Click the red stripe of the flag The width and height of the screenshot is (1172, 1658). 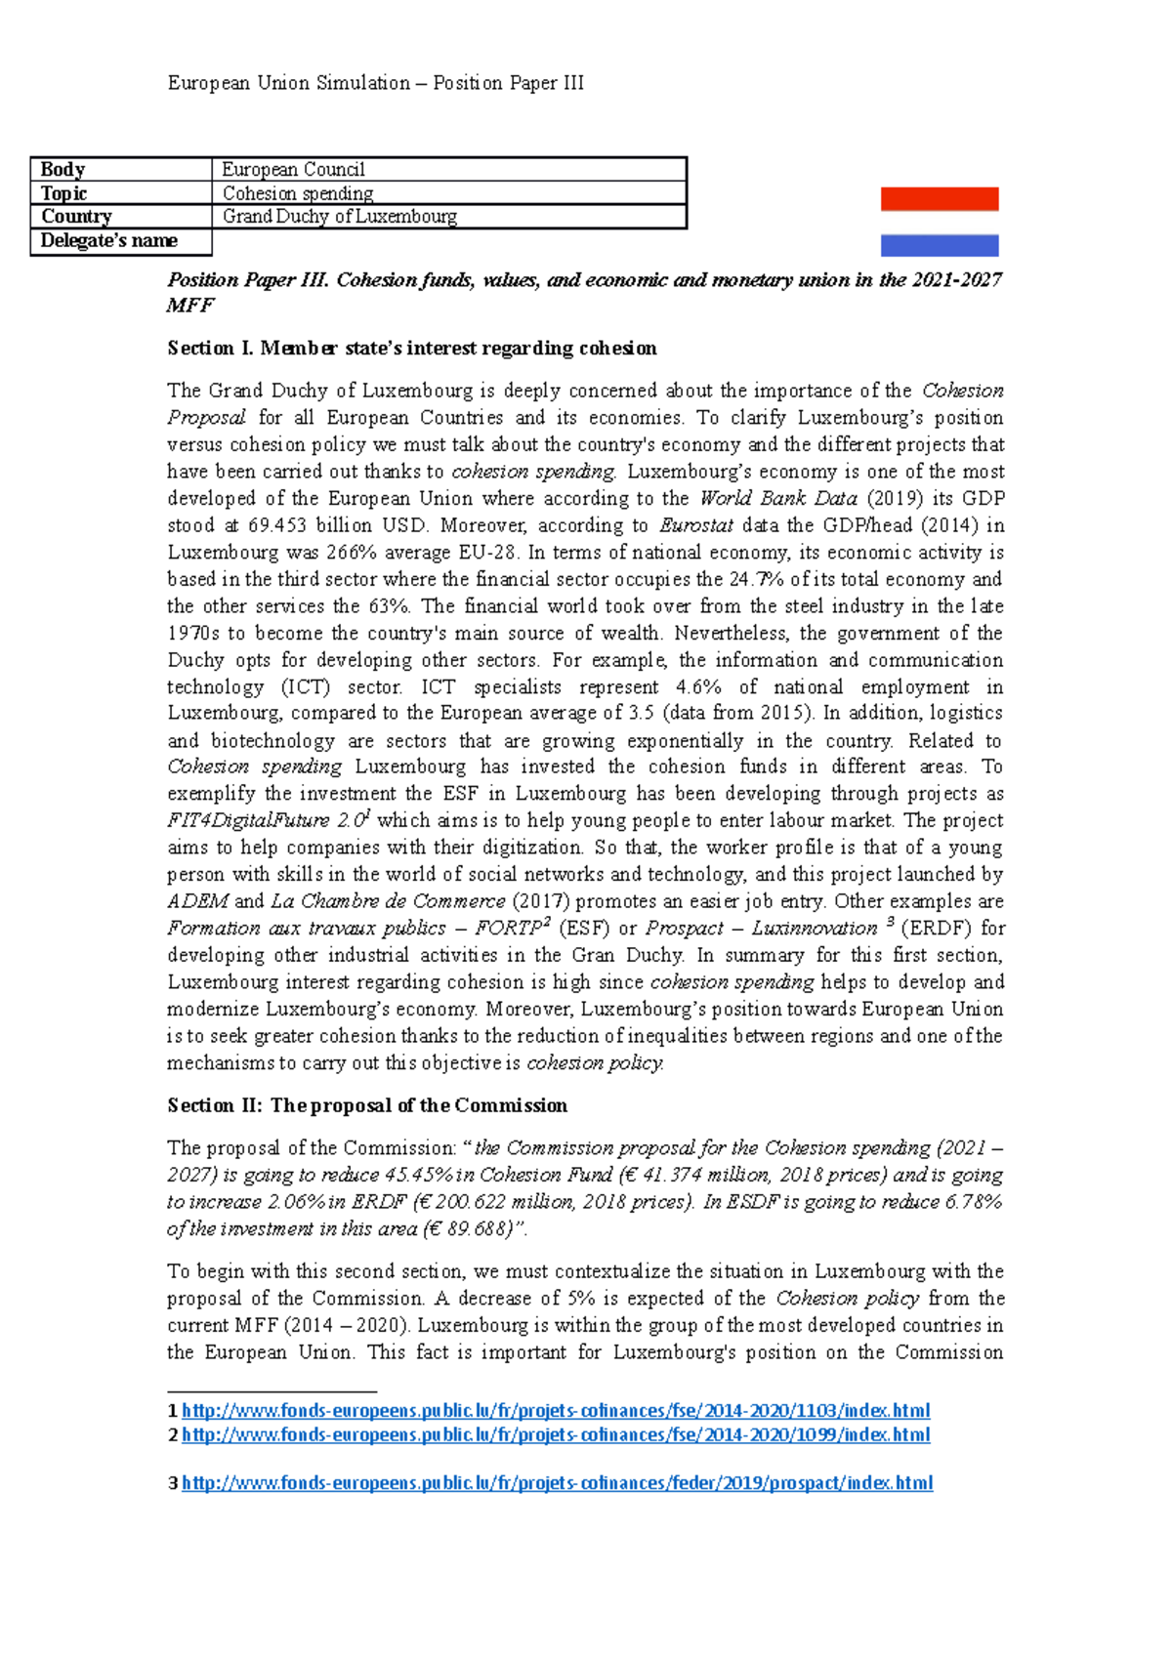click(x=939, y=199)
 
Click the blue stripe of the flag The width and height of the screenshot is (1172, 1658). click(x=939, y=245)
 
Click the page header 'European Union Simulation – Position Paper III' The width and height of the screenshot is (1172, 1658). click(x=375, y=83)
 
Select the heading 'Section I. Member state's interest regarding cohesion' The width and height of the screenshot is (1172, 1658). click(x=411, y=349)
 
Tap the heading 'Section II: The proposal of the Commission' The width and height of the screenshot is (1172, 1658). click(x=366, y=1105)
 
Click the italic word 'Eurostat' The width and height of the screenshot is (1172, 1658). click(x=695, y=525)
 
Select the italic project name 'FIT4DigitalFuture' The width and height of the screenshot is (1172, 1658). click(x=249, y=821)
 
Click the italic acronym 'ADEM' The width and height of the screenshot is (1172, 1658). click(x=197, y=901)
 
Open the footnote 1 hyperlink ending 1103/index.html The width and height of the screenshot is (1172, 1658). click(x=555, y=1411)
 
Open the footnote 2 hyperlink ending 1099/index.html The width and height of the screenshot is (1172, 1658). click(x=555, y=1435)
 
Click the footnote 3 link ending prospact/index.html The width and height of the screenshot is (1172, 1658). click(x=557, y=1483)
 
